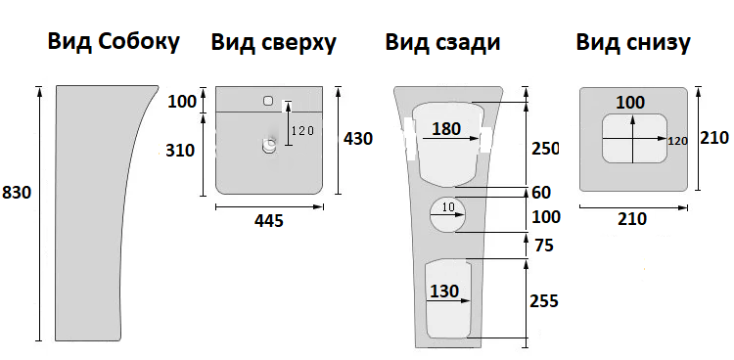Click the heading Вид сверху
point(274,43)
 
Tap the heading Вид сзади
point(443,42)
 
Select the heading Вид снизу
point(633,42)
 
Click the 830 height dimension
point(18,193)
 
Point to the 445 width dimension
point(268,221)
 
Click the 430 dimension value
point(358,139)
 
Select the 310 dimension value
point(181,151)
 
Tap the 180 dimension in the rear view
point(446,129)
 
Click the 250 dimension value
point(544,149)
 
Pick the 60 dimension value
point(540,192)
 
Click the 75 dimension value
point(543,246)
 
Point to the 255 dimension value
point(543,300)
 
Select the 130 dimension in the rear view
point(444,290)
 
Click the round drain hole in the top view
point(270,146)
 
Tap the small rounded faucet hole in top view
point(268,100)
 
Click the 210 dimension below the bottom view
point(632,219)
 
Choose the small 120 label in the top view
point(302,131)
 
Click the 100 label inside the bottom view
point(631,102)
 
